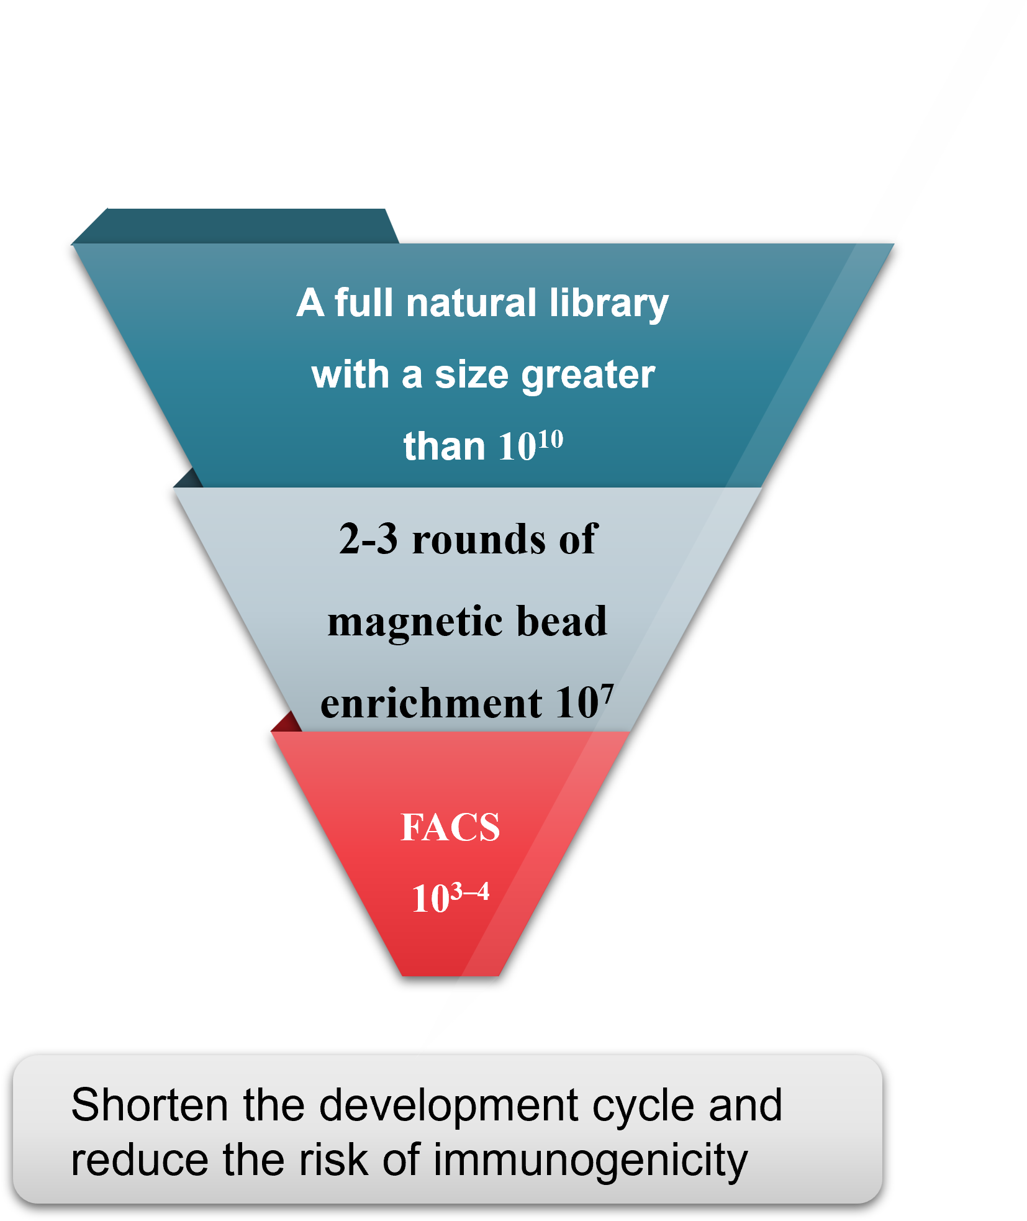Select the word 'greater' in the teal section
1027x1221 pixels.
click(x=588, y=376)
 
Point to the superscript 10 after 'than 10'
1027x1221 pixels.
click(x=551, y=439)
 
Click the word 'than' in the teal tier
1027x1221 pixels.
click(x=443, y=447)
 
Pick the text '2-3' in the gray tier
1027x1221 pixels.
click(x=368, y=538)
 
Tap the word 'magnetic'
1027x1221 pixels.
click(x=415, y=622)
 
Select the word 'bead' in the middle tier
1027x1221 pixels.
click(x=561, y=621)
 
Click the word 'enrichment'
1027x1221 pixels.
click(x=431, y=704)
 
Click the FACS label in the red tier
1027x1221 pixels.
click(x=450, y=827)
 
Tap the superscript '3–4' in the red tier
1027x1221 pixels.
click(x=470, y=892)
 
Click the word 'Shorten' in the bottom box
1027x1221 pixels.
click(x=150, y=1105)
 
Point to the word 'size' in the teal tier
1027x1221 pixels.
click(x=471, y=375)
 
